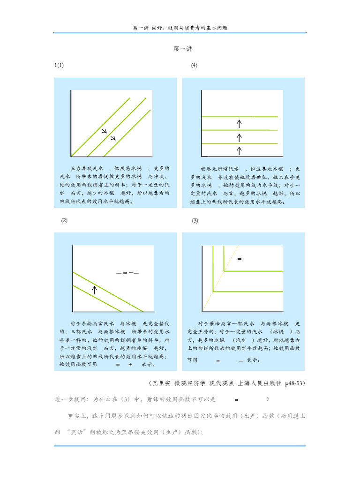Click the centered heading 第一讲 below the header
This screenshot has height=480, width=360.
183,49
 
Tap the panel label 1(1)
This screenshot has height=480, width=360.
59,65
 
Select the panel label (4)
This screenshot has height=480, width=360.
194,65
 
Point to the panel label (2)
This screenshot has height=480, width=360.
64,221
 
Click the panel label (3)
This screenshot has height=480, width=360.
195,221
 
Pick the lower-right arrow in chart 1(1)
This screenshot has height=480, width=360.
112,138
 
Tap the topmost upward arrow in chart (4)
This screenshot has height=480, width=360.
239,124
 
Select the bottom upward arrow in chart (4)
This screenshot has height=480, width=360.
239,150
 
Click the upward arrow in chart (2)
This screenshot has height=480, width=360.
94,289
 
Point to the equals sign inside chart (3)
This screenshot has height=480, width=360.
239,259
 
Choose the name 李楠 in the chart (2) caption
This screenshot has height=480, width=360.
87,323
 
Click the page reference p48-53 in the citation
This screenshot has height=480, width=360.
294,383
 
